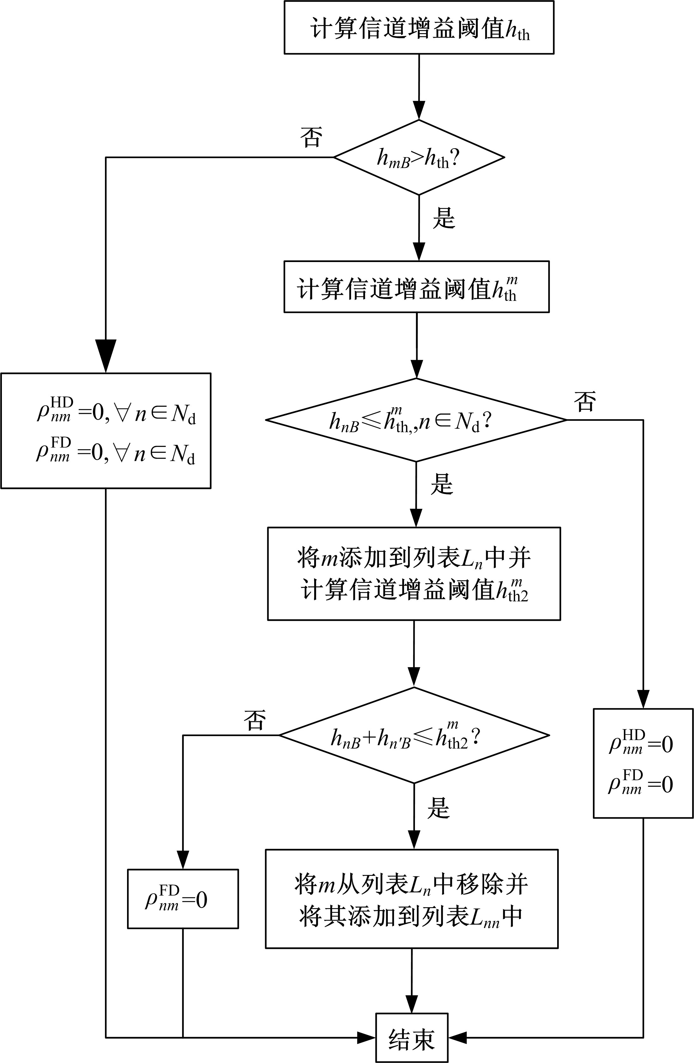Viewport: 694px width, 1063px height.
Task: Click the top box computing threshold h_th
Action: (x=419, y=28)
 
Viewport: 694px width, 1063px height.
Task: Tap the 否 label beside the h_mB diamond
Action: (x=311, y=137)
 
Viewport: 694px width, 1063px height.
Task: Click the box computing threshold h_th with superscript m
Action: (x=416, y=287)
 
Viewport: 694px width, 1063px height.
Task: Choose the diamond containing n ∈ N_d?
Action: (x=416, y=420)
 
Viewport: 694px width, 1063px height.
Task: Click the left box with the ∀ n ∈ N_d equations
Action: (x=106, y=431)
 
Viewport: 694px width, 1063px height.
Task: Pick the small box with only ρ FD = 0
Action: (x=183, y=899)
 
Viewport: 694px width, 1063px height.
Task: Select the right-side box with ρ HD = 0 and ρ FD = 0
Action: (x=643, y=763)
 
